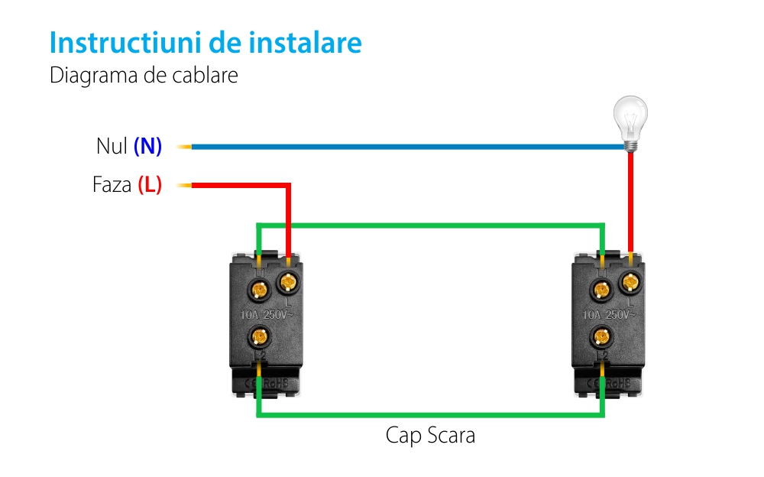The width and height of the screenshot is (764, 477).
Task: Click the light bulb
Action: pyautogui.click(x=632, y=122)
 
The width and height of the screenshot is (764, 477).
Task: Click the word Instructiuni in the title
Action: pyautogui.click(x=125, y=42)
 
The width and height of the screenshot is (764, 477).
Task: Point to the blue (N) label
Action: pyautogui.click(x=148, y=146)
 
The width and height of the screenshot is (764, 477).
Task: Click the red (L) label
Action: pyautogui.click(x=150, y=185)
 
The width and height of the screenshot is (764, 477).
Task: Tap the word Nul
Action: pyautogui.click(x=112, y=146)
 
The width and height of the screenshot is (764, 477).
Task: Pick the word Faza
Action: pyautogui.click(x=112, y=185)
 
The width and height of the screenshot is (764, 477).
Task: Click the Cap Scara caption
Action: pyautogui.click(x=430, y=436)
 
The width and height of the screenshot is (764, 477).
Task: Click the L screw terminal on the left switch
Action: pyautogui.click(x=288, y=283)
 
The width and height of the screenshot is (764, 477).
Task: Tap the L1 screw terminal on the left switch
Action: pyautogui.click(x=260, y=290)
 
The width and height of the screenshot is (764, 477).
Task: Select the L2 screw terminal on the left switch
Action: pyautogui.click(x=261, y=336)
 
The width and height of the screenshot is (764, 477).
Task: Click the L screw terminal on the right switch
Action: pyautogui.click(x=630, y=283)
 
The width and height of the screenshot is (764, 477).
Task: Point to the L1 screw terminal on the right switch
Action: pyautogui.click(x=602, y=290)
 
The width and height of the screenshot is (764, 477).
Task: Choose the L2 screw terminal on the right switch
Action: pyautogui.click(x=603, y=336)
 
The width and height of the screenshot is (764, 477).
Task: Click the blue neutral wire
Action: pyautogui.click(x=405, y=146)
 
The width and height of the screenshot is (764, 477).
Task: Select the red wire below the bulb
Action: pyautogui.click(x=630, y=199)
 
